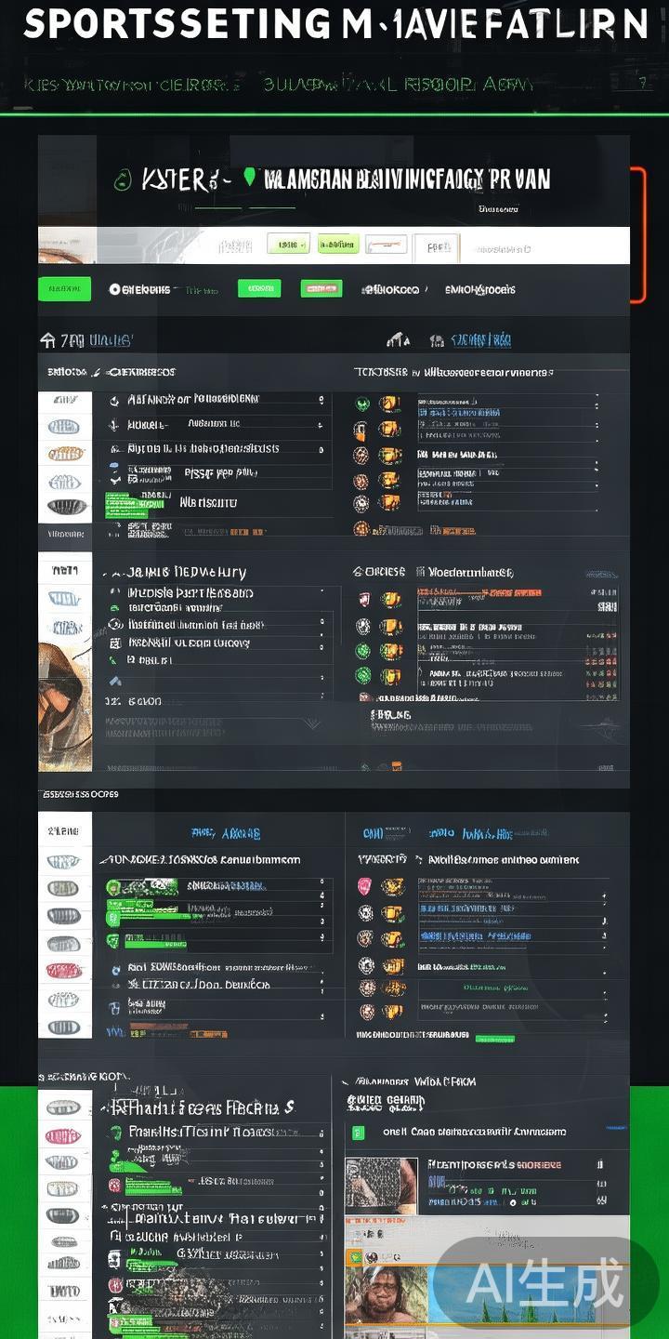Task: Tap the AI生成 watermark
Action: pos(545,1284)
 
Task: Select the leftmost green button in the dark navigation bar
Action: pos(64,289)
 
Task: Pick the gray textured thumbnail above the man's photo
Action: pos(381,1184)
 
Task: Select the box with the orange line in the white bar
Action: pos(386,245)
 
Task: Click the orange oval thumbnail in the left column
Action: pos(66,454)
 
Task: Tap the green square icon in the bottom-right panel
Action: pos(358,1132)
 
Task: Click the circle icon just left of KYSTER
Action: pos(122,180)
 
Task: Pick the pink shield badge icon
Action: pos(364,886)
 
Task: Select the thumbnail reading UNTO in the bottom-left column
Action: pos(64,1291)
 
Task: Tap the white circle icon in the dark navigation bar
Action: pos(115,289)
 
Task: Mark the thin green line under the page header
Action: pos(334,114)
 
